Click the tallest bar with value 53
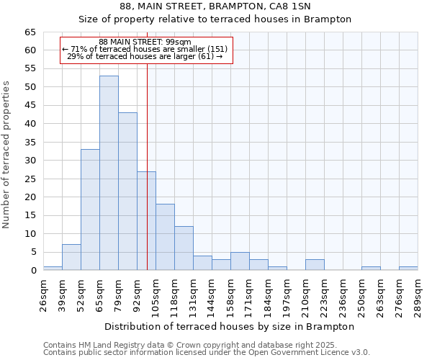109,173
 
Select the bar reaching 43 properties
127,192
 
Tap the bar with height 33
90,210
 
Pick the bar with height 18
165,237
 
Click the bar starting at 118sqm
184,248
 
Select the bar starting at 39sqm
71,257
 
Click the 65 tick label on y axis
30,32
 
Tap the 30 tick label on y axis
30,161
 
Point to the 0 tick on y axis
32,271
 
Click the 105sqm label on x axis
156,294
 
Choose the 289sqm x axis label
418,294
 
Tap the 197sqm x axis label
287,294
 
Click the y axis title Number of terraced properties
7,155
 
